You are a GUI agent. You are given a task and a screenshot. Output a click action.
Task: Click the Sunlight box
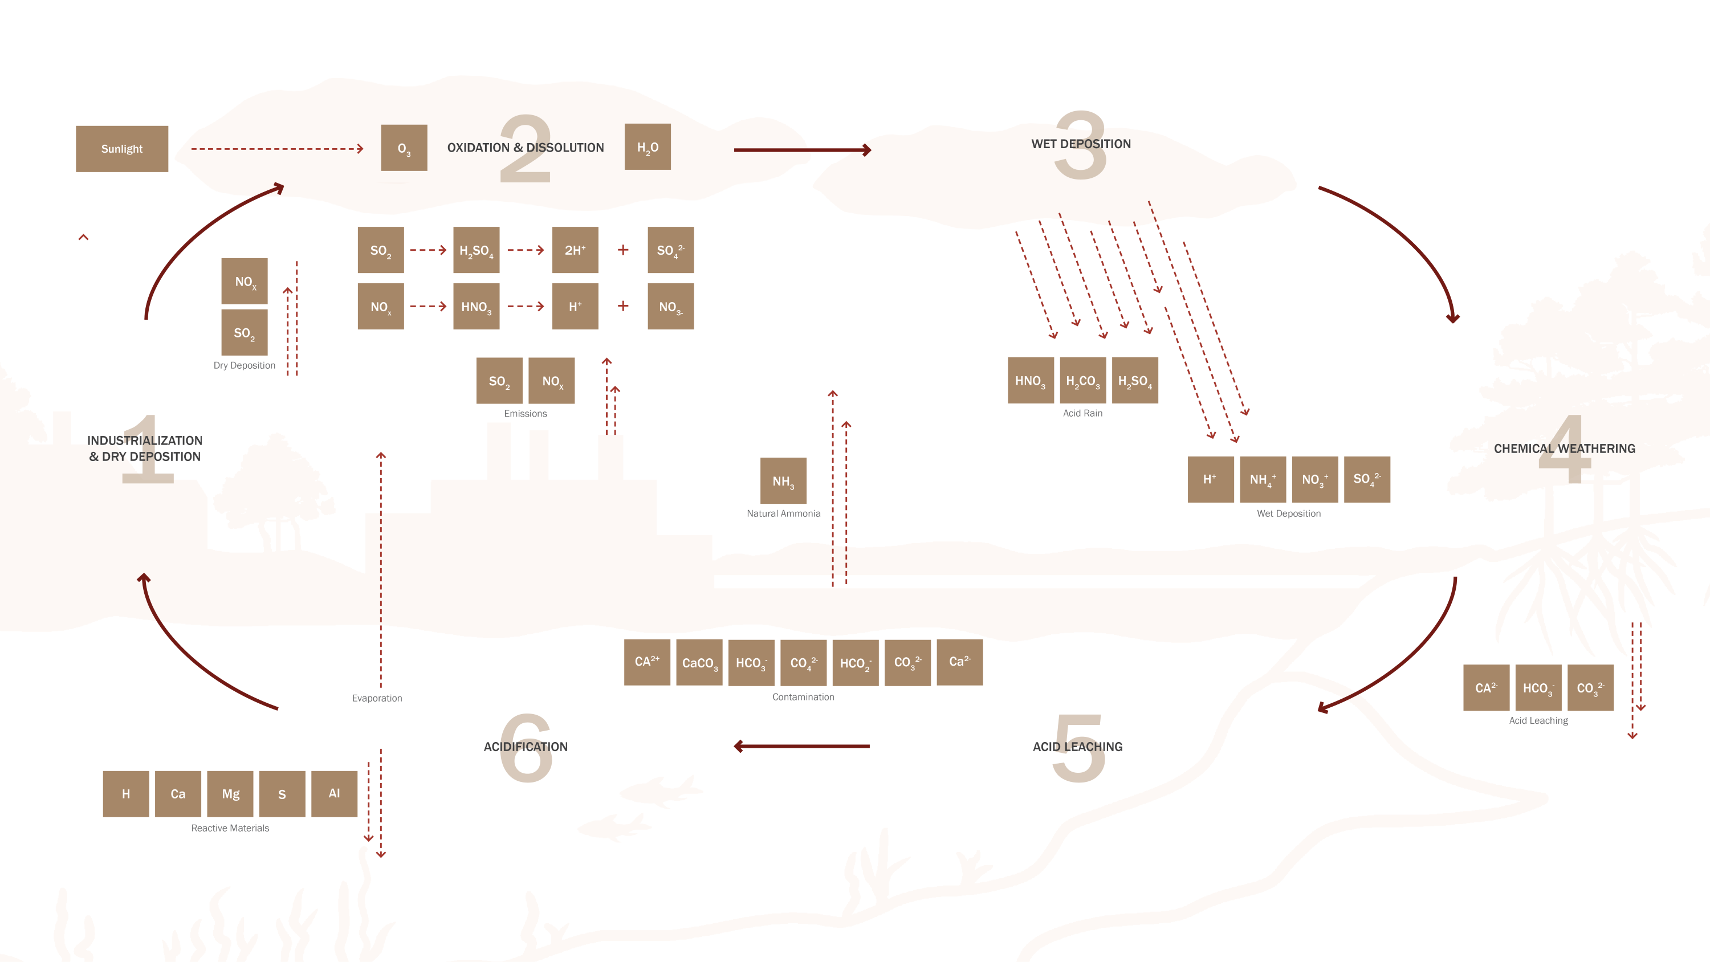(121, 149)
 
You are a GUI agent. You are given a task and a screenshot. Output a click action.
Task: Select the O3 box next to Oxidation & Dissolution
(404, 148)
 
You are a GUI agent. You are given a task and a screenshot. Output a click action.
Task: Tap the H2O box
(647, 146)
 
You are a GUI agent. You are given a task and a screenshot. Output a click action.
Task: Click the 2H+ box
(575, 250)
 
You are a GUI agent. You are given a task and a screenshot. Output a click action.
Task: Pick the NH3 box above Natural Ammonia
(783, 480)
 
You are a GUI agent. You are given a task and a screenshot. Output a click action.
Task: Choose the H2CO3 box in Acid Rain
(1082, 381)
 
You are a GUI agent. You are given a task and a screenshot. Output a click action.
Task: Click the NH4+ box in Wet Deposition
(1263, 479)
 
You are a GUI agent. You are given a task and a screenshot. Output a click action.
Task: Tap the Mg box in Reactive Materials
(230, 794)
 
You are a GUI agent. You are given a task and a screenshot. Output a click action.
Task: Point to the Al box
(334, 794)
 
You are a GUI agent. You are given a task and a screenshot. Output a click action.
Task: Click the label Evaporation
(377, 698)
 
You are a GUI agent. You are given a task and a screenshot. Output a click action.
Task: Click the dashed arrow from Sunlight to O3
(277, 149)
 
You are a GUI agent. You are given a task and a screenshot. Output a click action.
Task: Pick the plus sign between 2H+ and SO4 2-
(622, 250)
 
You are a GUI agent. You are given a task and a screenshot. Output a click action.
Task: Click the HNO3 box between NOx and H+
(476, 307)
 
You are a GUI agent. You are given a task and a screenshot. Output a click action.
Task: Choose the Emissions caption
(525, 414)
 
